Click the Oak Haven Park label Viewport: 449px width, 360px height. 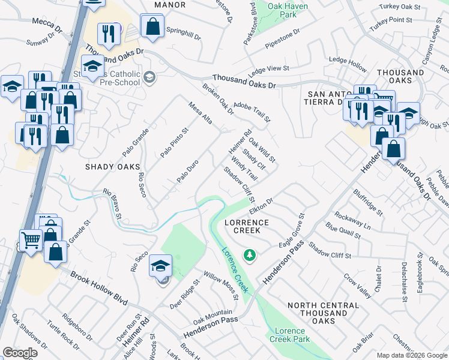click(x=283, y=9)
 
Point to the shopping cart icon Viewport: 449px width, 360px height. click(x=31, y=240)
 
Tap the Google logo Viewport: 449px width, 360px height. click(x=20, y=353)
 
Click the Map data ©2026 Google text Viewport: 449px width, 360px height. click(x=412, y=355)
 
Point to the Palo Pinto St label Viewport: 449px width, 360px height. click(x=174, y=143)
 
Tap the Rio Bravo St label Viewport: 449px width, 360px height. click(x=113, y=204)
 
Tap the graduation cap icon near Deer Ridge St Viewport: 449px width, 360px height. click(x=161, y=265)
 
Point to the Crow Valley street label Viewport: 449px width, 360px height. click(x=357, y=285)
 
